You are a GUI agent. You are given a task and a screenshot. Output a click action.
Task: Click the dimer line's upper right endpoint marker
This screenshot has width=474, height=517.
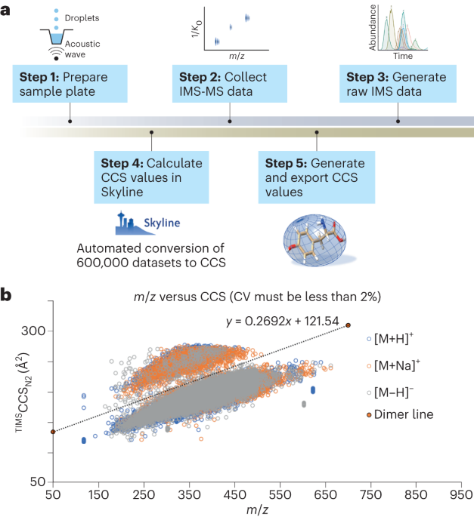pyautogui.click(x=349, y=325)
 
